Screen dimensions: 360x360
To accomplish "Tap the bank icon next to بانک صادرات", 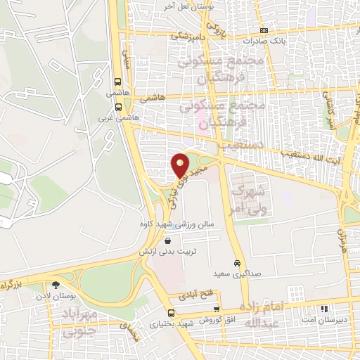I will click(x=264, y=30).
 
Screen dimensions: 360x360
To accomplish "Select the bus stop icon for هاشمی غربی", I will click(x=117, y=108).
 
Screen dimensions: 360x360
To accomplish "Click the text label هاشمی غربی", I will click(x=104, y=118).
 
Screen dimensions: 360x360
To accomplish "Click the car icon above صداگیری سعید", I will click(x=239, y=257).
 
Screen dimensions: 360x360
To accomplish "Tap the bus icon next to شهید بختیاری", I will click(x=170, y=313).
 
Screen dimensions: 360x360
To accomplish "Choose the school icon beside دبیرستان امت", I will click(x=324, y=309).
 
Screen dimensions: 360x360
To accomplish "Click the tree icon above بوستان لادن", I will click(x=55, y=285).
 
